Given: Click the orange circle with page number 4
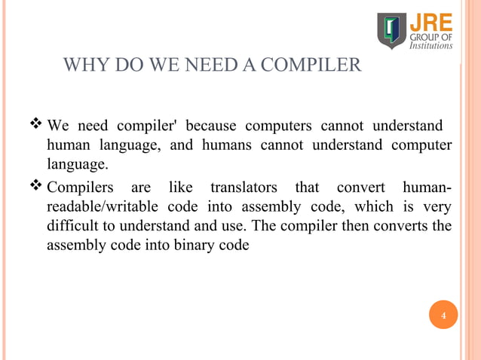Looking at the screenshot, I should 443,315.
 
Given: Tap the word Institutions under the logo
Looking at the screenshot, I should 431,45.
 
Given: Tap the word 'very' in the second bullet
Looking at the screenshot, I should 437,206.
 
